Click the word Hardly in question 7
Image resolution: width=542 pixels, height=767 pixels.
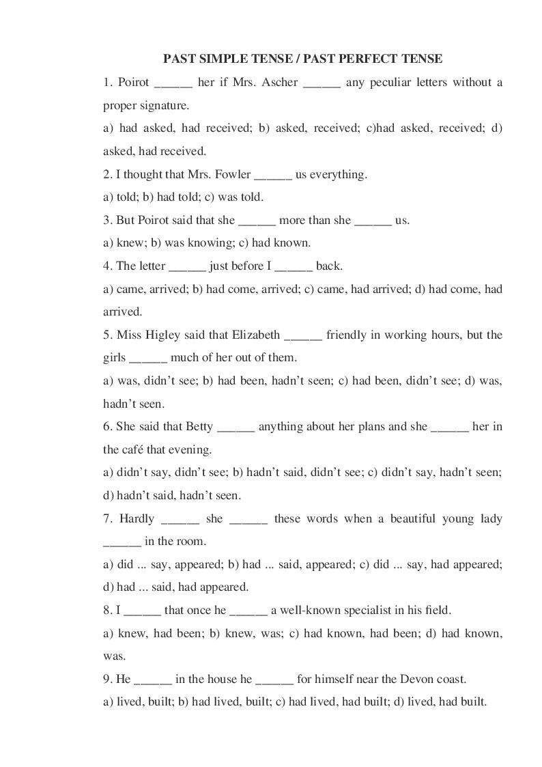point(137,519)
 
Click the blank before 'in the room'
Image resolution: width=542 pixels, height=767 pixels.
point(122,542)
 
